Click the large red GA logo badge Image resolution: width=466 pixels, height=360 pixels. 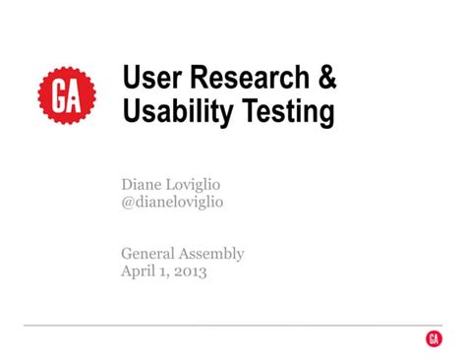coord(68,95)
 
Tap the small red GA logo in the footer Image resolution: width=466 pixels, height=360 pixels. coord(434,338)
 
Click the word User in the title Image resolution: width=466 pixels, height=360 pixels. coord(147,79)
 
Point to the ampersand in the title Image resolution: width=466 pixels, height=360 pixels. coord(324,79)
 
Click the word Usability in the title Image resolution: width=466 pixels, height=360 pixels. coord(178,113)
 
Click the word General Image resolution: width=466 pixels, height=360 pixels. coord(149,254)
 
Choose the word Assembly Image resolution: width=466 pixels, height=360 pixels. coord(212,255)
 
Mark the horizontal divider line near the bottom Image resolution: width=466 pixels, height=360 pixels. coord(216,325)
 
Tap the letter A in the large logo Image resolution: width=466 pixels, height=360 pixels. coord(77,95)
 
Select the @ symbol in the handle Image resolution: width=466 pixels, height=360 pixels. coord(128,203)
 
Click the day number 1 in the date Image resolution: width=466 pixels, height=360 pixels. coord(164,272)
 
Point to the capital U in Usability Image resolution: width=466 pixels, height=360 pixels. coord(131,113)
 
